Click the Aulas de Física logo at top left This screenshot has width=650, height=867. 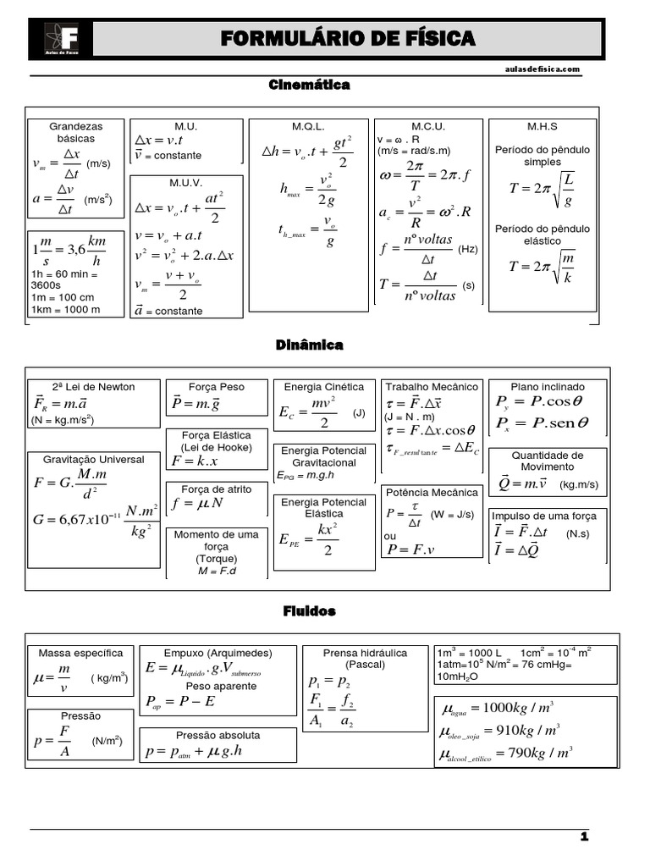tap(61, 39)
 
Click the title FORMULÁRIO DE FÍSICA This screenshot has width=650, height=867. tap(348, 39)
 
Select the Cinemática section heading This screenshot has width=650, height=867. tap(309, 85)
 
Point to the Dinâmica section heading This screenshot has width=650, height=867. tap(309, 345)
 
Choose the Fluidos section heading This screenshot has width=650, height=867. tap(309, 610)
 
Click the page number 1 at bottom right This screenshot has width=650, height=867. tap(584, 837)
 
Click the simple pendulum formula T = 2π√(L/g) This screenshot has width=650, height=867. tap(543, 189)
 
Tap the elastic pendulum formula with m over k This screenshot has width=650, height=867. tap(543, 267)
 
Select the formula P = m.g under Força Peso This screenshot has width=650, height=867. tap(196, 404)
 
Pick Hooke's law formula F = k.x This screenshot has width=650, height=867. tap(195, 461)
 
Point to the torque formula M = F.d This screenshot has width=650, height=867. tap(216, 572)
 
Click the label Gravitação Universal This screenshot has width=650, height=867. tap(94, 460)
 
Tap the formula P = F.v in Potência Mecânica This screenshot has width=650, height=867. tap(410, 549)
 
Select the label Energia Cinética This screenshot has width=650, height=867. tap(325, 387)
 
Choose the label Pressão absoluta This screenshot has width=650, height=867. tap(218, 735)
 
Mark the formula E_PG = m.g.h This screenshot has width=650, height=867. tap(306, 475)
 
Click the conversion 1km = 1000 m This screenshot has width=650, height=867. tap(65, 309)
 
